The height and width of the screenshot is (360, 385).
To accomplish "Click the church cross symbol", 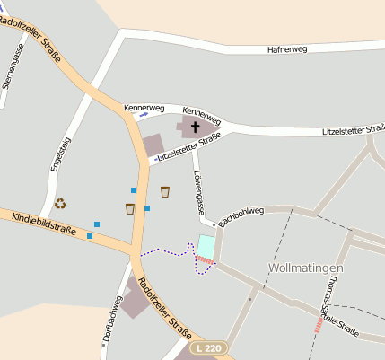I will click(196, 127).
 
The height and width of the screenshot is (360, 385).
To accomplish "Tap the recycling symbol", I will click(60, 204).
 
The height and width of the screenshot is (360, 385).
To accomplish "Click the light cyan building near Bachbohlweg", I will click(206, 246).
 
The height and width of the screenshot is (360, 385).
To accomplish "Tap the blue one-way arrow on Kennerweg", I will click(144, 115).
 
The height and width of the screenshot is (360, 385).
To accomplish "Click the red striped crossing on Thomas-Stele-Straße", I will click(319, 323).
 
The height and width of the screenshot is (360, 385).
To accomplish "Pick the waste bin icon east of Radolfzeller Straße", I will click(165, 191).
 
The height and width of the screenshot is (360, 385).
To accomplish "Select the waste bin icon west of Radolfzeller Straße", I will click(130, 209).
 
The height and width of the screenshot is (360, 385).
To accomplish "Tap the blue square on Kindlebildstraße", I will click(90, 236).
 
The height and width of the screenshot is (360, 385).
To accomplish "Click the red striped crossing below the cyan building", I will click(205, 261).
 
